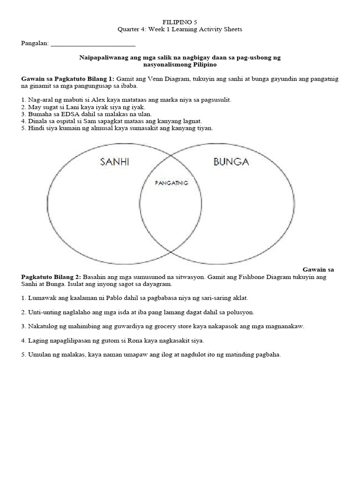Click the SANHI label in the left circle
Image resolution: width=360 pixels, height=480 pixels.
(114, 162)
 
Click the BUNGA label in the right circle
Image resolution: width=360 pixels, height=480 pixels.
(231, 162)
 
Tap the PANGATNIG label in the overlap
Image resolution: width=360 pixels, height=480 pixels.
(172, 183)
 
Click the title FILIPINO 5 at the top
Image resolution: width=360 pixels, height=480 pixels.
(180, 22)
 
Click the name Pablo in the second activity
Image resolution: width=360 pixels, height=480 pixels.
(99, 298)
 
